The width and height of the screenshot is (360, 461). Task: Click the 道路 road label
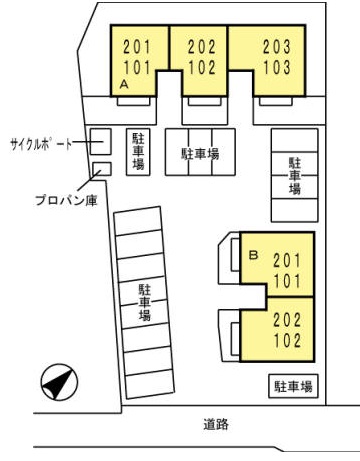[216, 424]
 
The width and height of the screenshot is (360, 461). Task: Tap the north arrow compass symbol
[59, 382]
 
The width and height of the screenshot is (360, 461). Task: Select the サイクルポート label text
[41, 144]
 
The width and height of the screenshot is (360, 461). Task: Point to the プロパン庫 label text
[66, 200]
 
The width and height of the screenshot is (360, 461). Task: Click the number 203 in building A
[277, 47]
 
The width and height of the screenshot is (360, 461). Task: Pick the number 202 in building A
[202, 47]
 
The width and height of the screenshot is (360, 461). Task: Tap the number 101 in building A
[137, 67]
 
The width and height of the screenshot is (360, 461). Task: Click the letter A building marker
[124, 85]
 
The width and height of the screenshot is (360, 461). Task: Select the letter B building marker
[254, 255]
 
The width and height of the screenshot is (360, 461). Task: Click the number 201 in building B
[287, 260]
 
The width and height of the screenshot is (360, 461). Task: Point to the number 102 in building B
[287, 340]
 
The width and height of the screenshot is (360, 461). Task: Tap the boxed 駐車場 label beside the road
[293, 386]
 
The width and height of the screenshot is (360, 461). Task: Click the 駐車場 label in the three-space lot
[200, 154]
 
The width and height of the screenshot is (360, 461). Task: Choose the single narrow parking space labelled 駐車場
[138, 152]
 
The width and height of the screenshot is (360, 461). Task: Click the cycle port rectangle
[101, 142]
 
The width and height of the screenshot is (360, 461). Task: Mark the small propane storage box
[102, 169]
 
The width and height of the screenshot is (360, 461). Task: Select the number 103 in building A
[277, 67]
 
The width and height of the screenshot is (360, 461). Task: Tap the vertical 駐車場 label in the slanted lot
[145, 302]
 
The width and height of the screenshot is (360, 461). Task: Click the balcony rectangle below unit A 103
[276, 101]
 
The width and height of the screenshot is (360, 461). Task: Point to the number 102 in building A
[202, 67]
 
